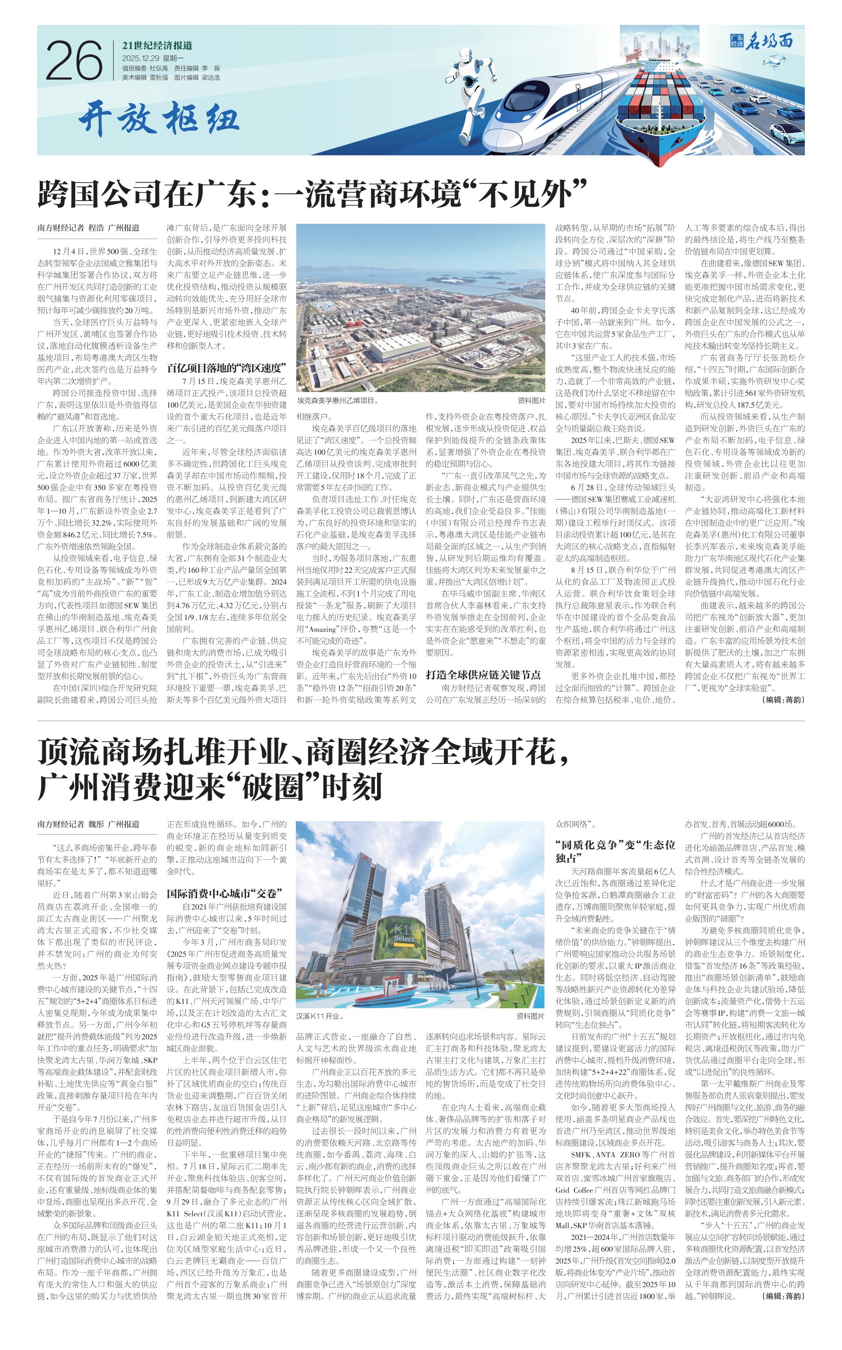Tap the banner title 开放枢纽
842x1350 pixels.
pyautogui.click(x=159, y=118)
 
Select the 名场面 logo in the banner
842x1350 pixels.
pyautogui.click(x=761, y=41)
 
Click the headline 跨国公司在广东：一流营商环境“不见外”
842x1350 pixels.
pyautogui.click(x=312, y=194)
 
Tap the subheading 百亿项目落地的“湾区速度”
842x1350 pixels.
pyautogui.click(x=227, y=368)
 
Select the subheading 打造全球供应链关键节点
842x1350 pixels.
pyautogui.click(x=483, y=674)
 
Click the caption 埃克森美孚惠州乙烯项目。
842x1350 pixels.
pyautogui.click(x=337, y=400)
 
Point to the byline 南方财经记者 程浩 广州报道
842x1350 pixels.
pyautogui.click(x=89, y=228)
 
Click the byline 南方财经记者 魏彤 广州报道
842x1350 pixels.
pyautogui.click(x=89, y=824)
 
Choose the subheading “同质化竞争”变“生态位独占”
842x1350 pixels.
pyautogui.click(x=615, y=851)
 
